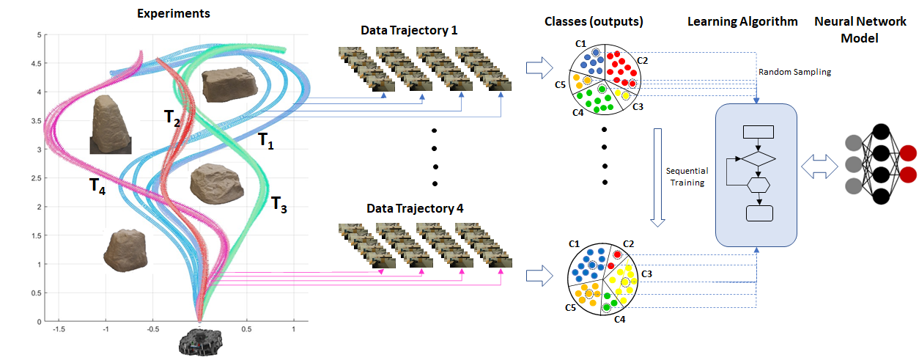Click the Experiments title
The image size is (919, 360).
[173, 13]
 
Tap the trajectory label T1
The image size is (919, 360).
[265, 141]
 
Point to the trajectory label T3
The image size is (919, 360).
[279, 204]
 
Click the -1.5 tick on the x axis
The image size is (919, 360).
[50, 330]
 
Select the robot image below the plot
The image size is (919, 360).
[199, 341]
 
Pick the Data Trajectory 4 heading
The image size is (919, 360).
[415, 208]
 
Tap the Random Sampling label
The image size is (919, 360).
[795, 72]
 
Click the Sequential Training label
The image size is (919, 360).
[686, 177]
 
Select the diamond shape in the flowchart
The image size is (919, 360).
[758, 158]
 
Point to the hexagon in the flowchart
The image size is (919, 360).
[758, 184]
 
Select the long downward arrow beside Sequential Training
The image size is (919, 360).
[657, 176]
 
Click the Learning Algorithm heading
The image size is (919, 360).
[742, 21]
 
